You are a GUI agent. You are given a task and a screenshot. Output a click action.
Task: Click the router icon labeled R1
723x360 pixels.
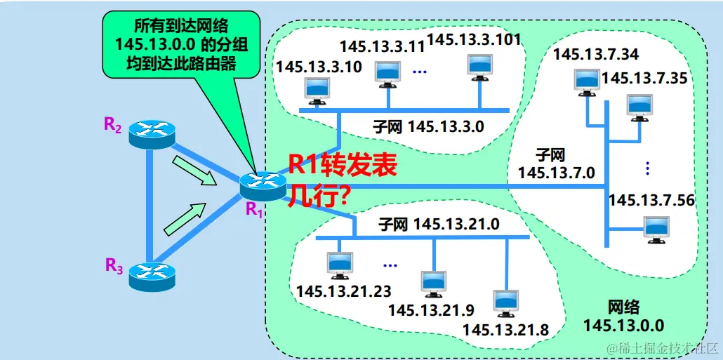(x=259, y=185)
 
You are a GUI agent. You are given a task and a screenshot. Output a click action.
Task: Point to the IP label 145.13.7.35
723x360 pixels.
(x=644, y=78)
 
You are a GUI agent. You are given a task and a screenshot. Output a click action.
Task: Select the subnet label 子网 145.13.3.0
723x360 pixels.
(x=428, y=126)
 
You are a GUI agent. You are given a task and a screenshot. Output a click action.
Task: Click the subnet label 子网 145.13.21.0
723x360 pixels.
(x=438, y=225)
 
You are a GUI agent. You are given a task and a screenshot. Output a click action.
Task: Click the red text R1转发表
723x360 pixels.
(x=343, y=166)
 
